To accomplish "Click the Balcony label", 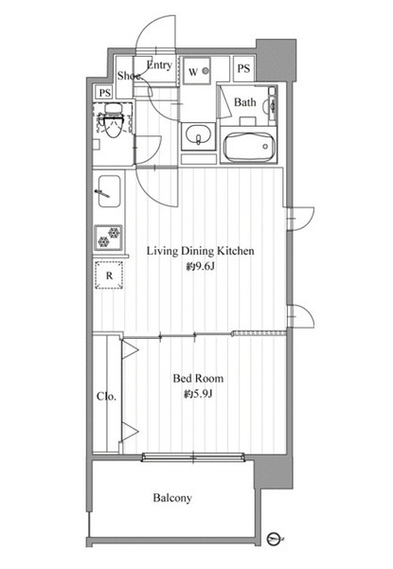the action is pyautogui.click(x=172, y=498).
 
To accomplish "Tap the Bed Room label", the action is pyautogui.click(x=198, y=379).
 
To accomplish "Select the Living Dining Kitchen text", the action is pyautogui.click(x=201, y=251).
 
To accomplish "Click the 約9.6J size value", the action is pyautogui.click(x=201, y=267).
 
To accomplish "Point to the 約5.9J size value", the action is pyautogui.click(x=198, y=394).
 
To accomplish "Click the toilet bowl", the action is pyautogui.click(x=113, y=121).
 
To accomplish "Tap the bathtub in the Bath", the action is pyautogui.click(x=249, y=147).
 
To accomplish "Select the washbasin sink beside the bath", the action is pyautogui.click(x=198, y=135).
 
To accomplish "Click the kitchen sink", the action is pyautogui.click(x=109, y=191).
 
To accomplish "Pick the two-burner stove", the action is pyautogui.click(x=109, y=238).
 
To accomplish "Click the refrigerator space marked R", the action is pyautogui.click(x=109, y=276).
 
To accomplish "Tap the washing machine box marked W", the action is pyautogui.click(x=197, y=71).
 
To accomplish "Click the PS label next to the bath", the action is pyautogui.click(x=243, y=68).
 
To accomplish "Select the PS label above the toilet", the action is pyautogui.click(x=105, y=93).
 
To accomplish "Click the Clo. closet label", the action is pyautogui.click(x=106, y=397).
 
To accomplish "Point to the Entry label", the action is pyautogui.click(x=159, y=65).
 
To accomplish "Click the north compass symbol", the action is pyautogui.click(x=274, y=539).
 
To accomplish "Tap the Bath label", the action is pyautogui.click(x=245, y=102).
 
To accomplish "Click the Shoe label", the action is pyautogui.click(x=129, y=76).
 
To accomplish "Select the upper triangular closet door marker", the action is pyautogui.click(x=129, y=349).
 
